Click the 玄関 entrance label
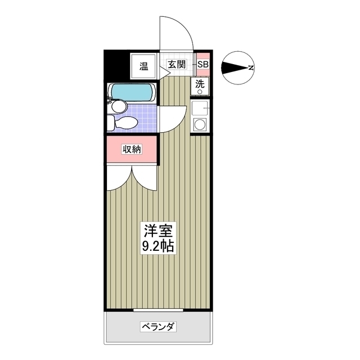point(176,65)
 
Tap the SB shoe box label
point(202,65)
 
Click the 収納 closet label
point(132,149)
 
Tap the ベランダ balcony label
point(159,327)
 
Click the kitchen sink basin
point(200,107)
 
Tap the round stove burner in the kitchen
point(200,124)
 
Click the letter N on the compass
point(251,69)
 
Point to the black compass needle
point(235,69)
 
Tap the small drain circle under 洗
point(200,91)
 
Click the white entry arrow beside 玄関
point(166,70)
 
